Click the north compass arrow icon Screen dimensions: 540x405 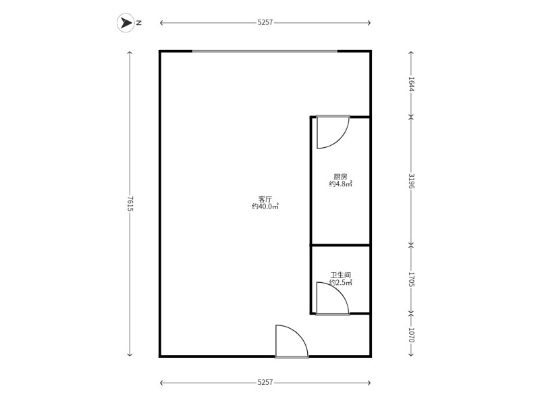[x=126, y=23]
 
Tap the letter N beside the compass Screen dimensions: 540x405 [x=139, y=23]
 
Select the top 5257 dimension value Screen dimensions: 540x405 [x=265, y=23]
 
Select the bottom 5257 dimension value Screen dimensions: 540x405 [x=265, y=382]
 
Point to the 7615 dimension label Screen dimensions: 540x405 [x=130, y=204]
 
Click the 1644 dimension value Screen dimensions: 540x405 [x=411, y=84]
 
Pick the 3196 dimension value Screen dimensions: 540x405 [x=411, y=181]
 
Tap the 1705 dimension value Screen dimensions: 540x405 [x=411, y=279]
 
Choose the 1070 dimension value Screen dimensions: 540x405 [x=411, y=334]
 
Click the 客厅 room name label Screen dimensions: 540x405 [x=265, y=199]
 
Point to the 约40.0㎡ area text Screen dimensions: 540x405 [x=265, y=207]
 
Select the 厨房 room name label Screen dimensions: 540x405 [x=341, y=177]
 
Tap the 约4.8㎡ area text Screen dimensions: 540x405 [x=341, y=184]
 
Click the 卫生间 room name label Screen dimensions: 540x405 [x=341, y=275]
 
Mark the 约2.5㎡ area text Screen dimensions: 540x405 [x=341, y=282]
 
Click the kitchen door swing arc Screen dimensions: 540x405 [x=340, y=139]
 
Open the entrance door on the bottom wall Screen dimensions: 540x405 [x=292, y=341]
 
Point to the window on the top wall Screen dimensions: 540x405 [x=265, y=51]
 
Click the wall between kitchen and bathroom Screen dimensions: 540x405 [x=341, y=245]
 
